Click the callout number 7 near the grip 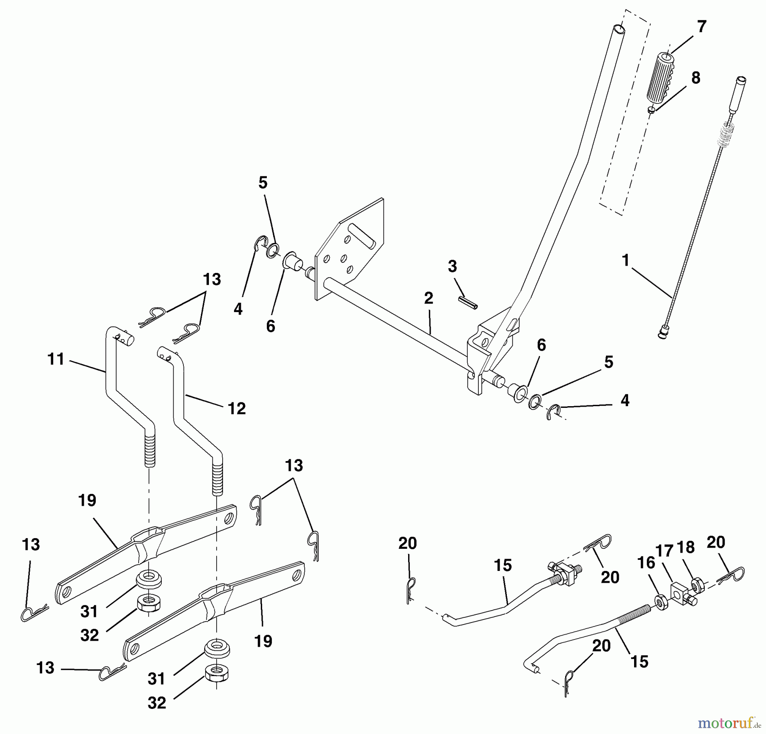pyautogui.click(x=701, y=27)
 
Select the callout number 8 pyautogui.click(x=695, y=78)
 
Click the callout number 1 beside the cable pyautogui.click(x=625, y=261)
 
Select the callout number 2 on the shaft pyautogui.click(x=429, y=298)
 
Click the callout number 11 pyautogui.click(x=56, y=359)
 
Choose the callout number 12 pyautogui.click(x=237, y=409)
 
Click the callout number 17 pyautogui.click(x=665, y=552)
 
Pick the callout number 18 pyautogui.click(x=686, y=547)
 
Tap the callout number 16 pyautogui.click(x=646, y=563)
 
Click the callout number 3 pyautogui.click(x=452, y=267)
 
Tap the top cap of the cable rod pyautogui.click(x=740, y=80)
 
